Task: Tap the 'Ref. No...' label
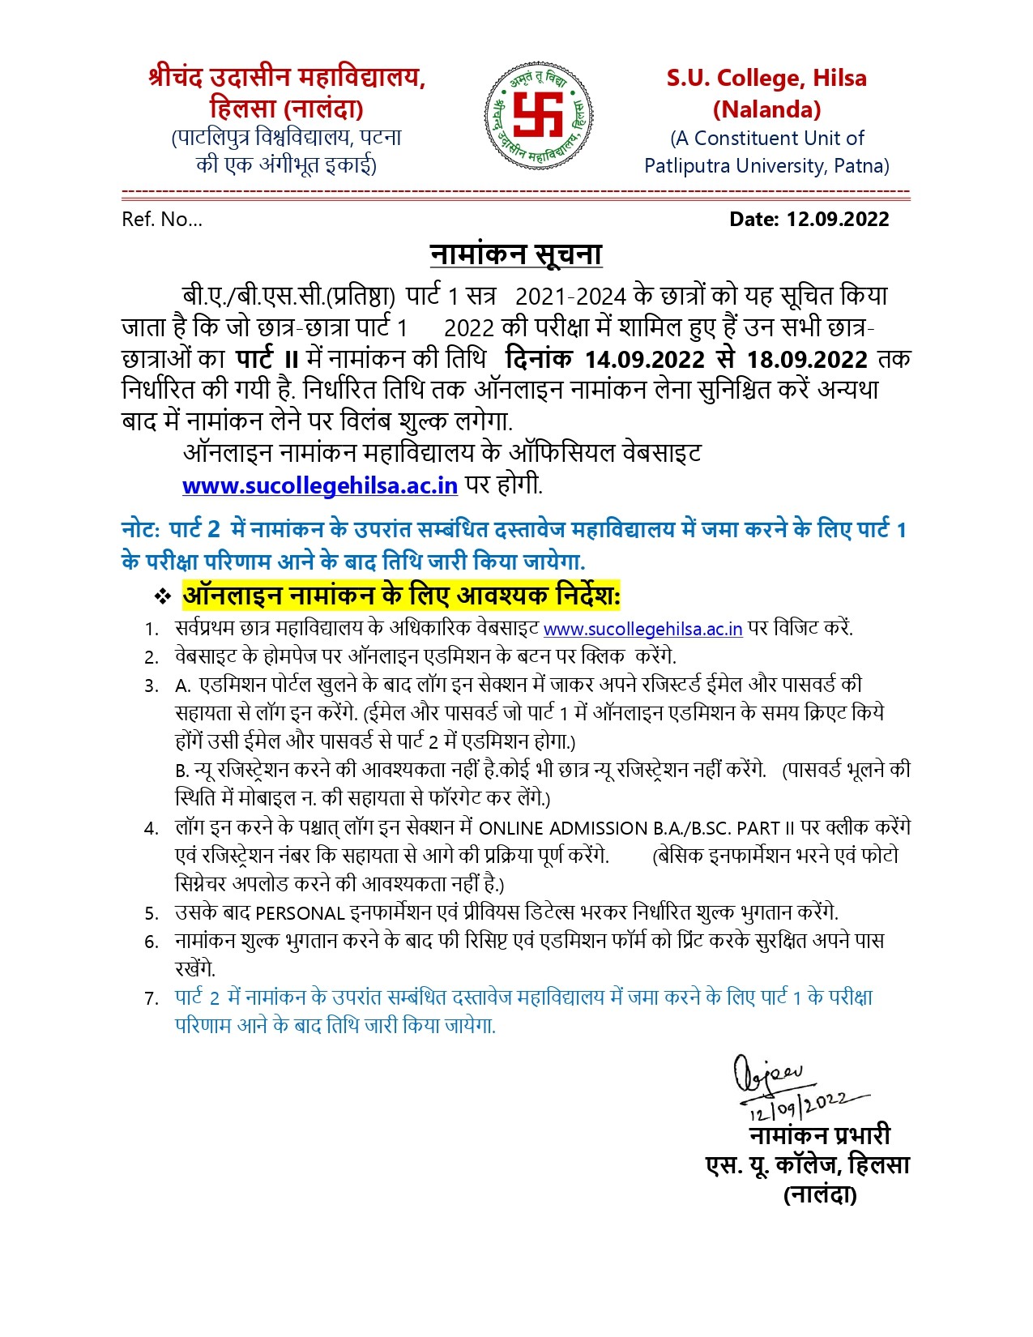[x=162, y=220]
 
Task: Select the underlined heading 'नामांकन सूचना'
[x=515, y=254]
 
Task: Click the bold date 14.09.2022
[x=645, y=359]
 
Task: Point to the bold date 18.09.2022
[x=807, y=359]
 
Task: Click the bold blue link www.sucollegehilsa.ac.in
[x=320, y=485]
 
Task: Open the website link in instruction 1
[x=642, y=629]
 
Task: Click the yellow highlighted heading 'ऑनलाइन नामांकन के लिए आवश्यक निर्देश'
[x=401, y=596]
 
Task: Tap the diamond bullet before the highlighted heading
[x=163, y=597]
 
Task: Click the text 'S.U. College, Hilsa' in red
[x=766, y=79]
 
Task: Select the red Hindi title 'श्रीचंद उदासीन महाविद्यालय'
[x=287, y=78]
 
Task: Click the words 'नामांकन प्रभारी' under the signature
[x=819, y=1134]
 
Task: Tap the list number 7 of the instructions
[x=151, y=998]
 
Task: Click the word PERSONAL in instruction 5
[x=300, y=913]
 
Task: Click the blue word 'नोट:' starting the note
[x=141, y=530]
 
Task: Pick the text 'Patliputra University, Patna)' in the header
[x=766, y=166]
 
